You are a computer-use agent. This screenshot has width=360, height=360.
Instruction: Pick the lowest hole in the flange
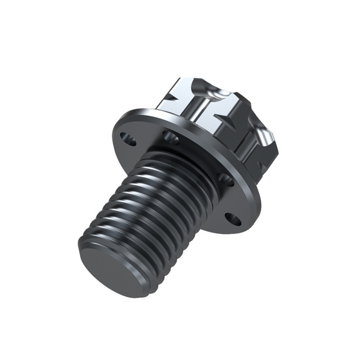click(x=232, y=219)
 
